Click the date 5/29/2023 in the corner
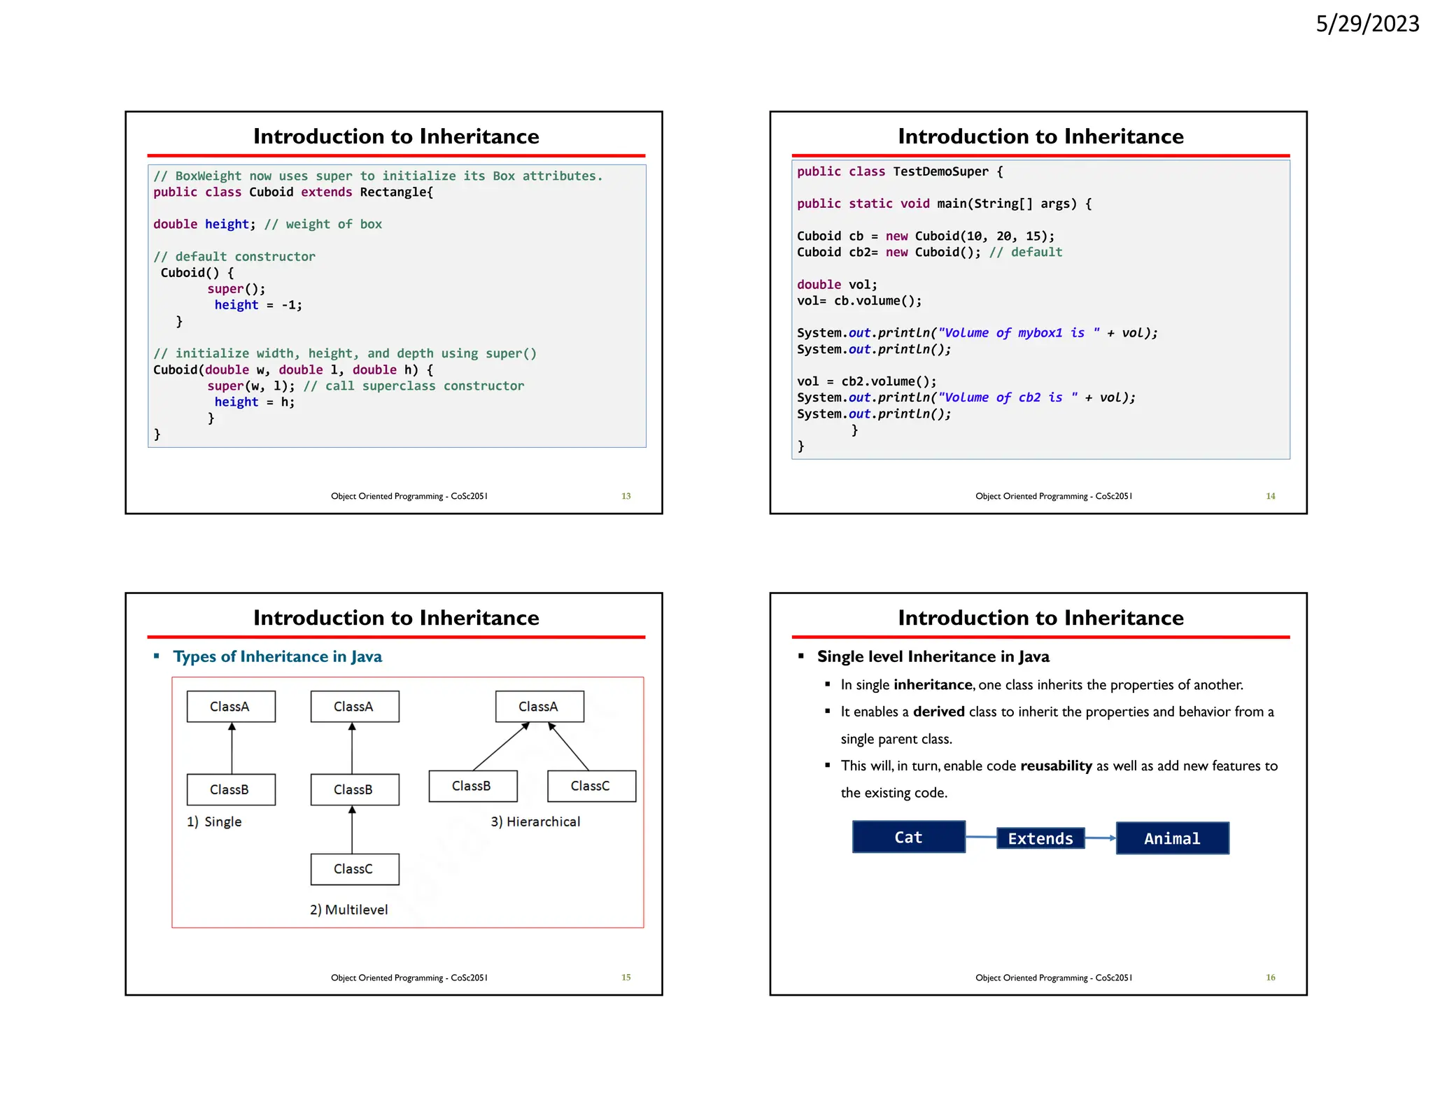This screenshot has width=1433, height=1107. click(x=1367, y=24)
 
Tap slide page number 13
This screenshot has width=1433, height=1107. click(x=626, y=496)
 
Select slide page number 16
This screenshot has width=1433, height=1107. click(x=1270, y=978)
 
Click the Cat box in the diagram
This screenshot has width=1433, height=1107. click(x=908, y=837)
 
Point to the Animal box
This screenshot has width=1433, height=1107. click(x=1172, y=838)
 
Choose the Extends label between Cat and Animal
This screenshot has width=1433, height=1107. click(x=1040, y=838)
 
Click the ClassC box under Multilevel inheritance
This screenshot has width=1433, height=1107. click(x=354, y=869)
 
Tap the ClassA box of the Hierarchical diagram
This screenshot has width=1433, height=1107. click(x=539, y=707)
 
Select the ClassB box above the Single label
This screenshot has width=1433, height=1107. click(x=230, y=789)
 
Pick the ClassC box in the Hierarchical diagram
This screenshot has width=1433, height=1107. click(x=591, y=786)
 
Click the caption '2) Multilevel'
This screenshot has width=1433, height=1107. click(x=348, y=910)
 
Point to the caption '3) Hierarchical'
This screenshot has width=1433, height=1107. click(x=535, y=822)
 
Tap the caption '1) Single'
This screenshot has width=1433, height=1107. click(x=214, y=822)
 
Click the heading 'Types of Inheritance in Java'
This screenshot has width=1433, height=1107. click(x=277, y=656)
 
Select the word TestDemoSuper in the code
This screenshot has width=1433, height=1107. click(x=940, y=171)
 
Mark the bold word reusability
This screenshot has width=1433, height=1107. click(x=1056, y=766)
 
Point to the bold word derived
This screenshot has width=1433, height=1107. click(x=938, y=712)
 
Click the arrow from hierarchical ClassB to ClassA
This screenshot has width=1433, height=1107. click(x=500, y=747)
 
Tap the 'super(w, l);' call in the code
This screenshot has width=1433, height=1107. click(x=250, y=386)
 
